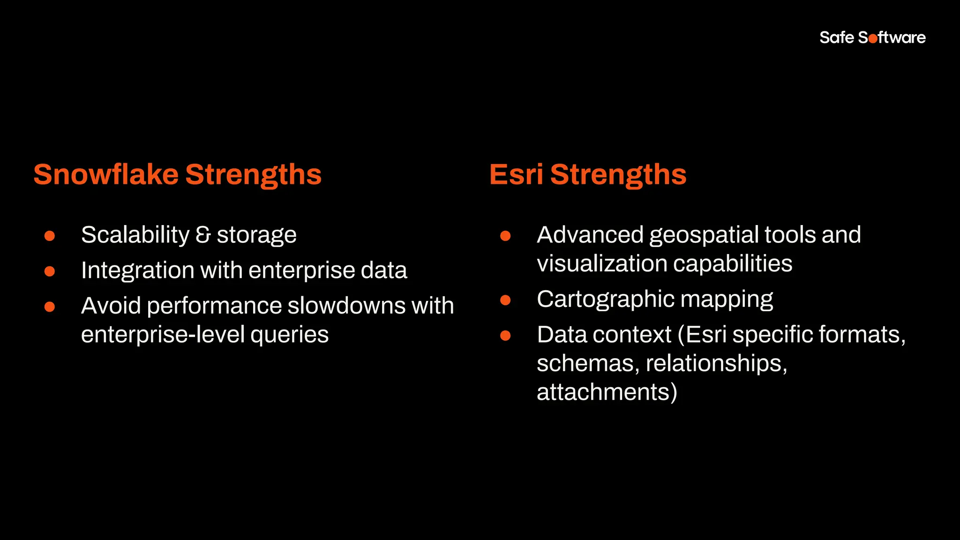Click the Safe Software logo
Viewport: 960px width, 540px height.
coord(872,37)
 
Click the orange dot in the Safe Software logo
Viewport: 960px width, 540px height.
coord(873,39)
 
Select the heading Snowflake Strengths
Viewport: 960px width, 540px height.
coord(177,174)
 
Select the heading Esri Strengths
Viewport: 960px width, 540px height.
coord(587,174)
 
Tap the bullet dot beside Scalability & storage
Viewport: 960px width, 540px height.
coord(50,235)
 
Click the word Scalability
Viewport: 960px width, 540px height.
coord(135,235)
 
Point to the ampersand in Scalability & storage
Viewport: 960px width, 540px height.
coord(203,235)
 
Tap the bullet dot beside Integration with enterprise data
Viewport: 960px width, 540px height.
coord(50,271)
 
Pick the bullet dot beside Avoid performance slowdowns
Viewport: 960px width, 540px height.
coord(50,307)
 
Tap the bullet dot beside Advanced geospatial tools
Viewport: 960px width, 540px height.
coord(505,235)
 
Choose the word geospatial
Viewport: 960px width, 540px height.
coord(704,235)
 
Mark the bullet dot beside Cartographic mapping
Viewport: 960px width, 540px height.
coord(505,300)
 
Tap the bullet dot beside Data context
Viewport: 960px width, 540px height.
coord(505,335)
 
